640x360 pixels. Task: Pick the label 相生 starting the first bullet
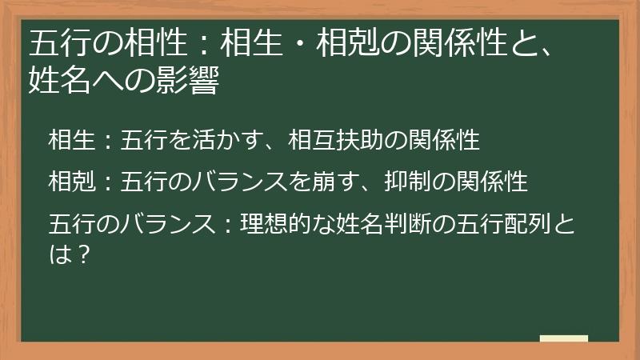(x=71, y=140)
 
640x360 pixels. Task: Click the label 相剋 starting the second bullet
(x=71, y=181)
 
